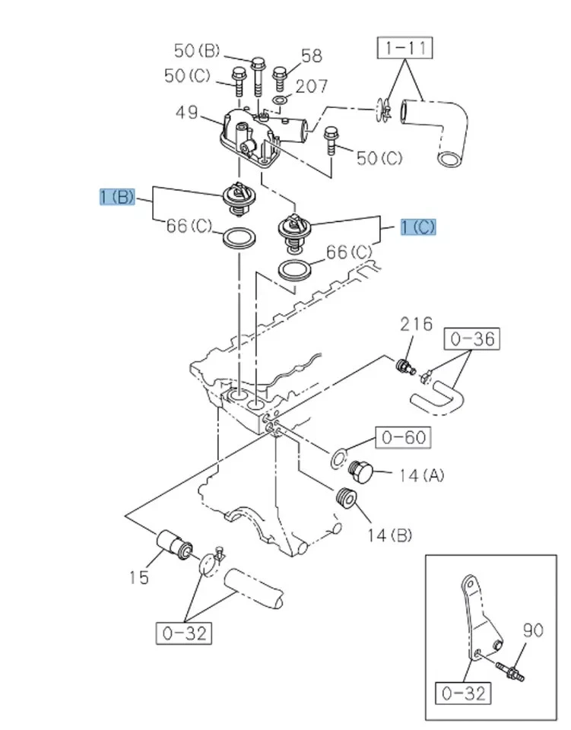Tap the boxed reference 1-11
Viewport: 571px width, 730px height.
[x=405, y=49]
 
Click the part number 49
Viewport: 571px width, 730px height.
[x=186, y=113]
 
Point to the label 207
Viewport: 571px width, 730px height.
[x=312, y=86]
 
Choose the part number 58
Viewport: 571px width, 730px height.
[x=311, y=56]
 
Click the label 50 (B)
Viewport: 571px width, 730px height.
[x=196, y=51]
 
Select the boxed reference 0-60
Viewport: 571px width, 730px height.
[x=402, y=437]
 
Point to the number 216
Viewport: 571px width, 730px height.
[x=417, y=324]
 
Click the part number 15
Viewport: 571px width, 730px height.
[x=140, y=578]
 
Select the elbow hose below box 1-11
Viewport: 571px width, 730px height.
[x=436, y=129]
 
